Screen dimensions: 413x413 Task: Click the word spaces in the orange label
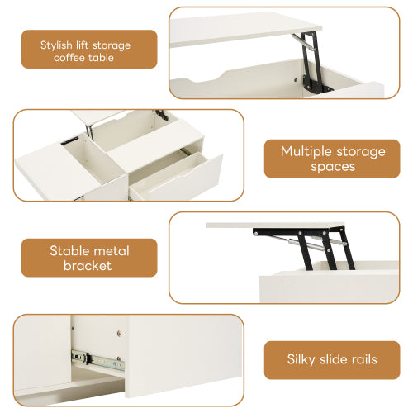point(332,166)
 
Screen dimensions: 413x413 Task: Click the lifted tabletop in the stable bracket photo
point(273,224)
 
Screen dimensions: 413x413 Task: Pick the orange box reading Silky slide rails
point(331,359)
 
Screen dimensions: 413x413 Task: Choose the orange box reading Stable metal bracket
point(88,258)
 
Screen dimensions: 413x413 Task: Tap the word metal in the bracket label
point(113,250)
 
